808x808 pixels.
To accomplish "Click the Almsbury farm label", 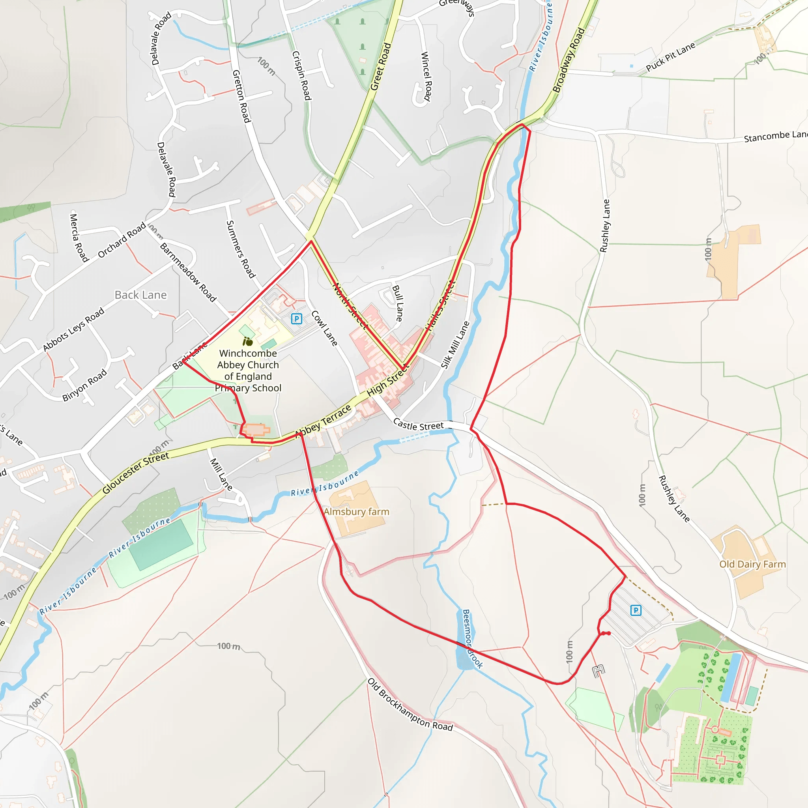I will (356, 512).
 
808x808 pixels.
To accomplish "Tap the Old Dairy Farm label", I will (752, 564).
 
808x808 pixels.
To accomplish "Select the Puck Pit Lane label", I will (670, 57).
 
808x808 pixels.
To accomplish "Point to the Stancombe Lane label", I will (775, 137).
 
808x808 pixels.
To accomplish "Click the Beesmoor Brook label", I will (472, 639).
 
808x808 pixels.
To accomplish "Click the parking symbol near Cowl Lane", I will (297, 319).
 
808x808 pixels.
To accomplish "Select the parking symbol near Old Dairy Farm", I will (636, 610).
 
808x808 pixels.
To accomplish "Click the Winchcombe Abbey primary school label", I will (248, 370).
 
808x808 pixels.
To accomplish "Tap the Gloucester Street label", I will (136, 473).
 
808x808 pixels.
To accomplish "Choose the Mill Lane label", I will (221, 474).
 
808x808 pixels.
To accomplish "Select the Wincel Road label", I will (426, 76).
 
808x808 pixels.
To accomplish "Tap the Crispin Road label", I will (301, 76).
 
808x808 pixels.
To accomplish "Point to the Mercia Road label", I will (79, 238).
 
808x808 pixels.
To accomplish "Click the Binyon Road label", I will (84, 385).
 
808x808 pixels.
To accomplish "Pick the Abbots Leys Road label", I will (74, 329).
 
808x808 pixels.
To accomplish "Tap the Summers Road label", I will (241, 249).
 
